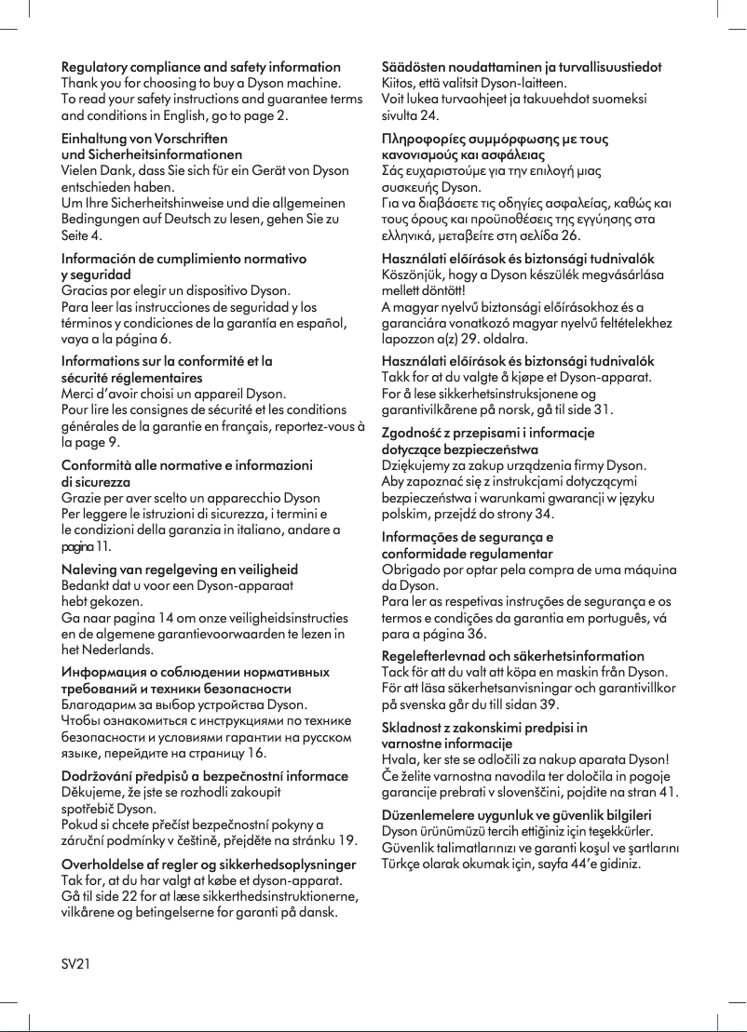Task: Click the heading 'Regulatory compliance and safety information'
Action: point(200,67)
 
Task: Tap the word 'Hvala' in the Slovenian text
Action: point(401,759)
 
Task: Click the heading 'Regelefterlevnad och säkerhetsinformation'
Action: point(513,656)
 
